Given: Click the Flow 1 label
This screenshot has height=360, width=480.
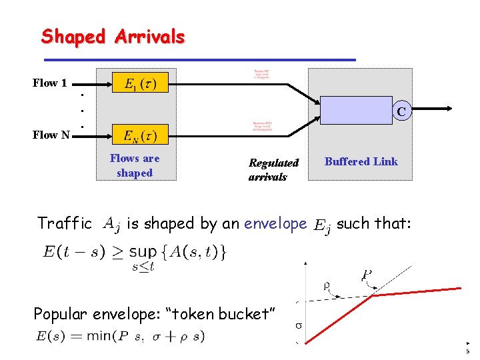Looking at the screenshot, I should [50, 83].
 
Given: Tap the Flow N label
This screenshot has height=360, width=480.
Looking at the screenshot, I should [51, 135].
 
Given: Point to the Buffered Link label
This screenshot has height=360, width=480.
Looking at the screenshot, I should [361, 162].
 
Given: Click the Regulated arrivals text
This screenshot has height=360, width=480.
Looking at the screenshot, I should [273, 169].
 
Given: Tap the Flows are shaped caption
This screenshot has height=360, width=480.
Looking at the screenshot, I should [135, 165].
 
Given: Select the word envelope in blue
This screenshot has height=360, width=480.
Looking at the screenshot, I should [275, 223].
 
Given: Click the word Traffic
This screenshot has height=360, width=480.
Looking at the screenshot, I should [65, 223].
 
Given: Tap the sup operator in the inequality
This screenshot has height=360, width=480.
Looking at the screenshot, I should [143, 251].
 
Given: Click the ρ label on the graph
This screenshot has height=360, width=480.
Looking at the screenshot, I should [327, 286].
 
